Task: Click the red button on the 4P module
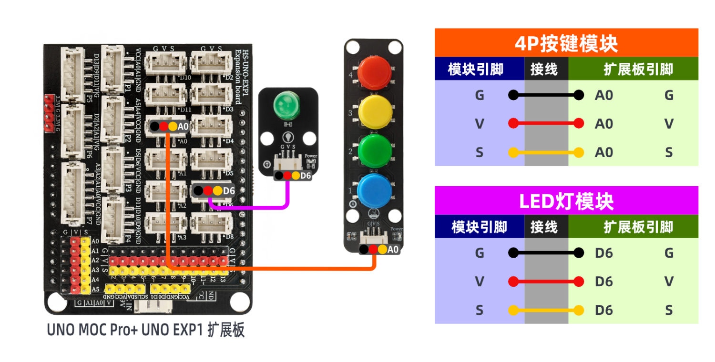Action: (374, 72)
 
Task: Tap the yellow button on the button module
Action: (374, 111)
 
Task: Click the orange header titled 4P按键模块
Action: (566, 44)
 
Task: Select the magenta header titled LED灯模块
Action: (566, 201)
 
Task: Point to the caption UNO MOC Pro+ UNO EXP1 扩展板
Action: (146, 331)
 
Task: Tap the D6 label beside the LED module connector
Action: (306, 176)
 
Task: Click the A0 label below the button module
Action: (393, 249)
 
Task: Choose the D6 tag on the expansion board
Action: (229, 191)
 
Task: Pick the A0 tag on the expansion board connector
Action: (183, 127)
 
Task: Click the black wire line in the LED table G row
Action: (546, 252)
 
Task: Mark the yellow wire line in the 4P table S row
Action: (546, 153)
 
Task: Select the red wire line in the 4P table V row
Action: (546, 124)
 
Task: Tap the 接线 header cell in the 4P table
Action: (544, 70)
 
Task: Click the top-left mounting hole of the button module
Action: (352, 47)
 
